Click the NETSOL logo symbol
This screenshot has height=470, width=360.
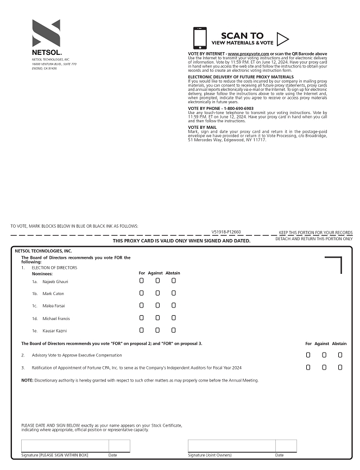46,33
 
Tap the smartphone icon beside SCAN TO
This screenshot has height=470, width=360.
200,38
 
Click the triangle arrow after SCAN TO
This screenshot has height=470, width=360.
282,39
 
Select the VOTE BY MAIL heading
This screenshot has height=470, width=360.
202,127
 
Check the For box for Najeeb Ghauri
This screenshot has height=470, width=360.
141,281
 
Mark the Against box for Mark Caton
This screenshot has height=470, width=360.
157,293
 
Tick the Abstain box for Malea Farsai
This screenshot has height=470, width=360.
174,305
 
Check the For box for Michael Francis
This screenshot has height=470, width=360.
141,318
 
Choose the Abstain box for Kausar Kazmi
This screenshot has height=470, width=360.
174,330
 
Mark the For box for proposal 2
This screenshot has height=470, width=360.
308,355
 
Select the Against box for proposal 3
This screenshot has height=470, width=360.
324,367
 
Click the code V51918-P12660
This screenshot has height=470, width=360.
226,231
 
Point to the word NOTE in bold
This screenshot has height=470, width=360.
27,380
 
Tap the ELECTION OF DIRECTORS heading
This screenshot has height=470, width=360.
54,268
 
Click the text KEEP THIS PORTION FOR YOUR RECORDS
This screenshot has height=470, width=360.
315,233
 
